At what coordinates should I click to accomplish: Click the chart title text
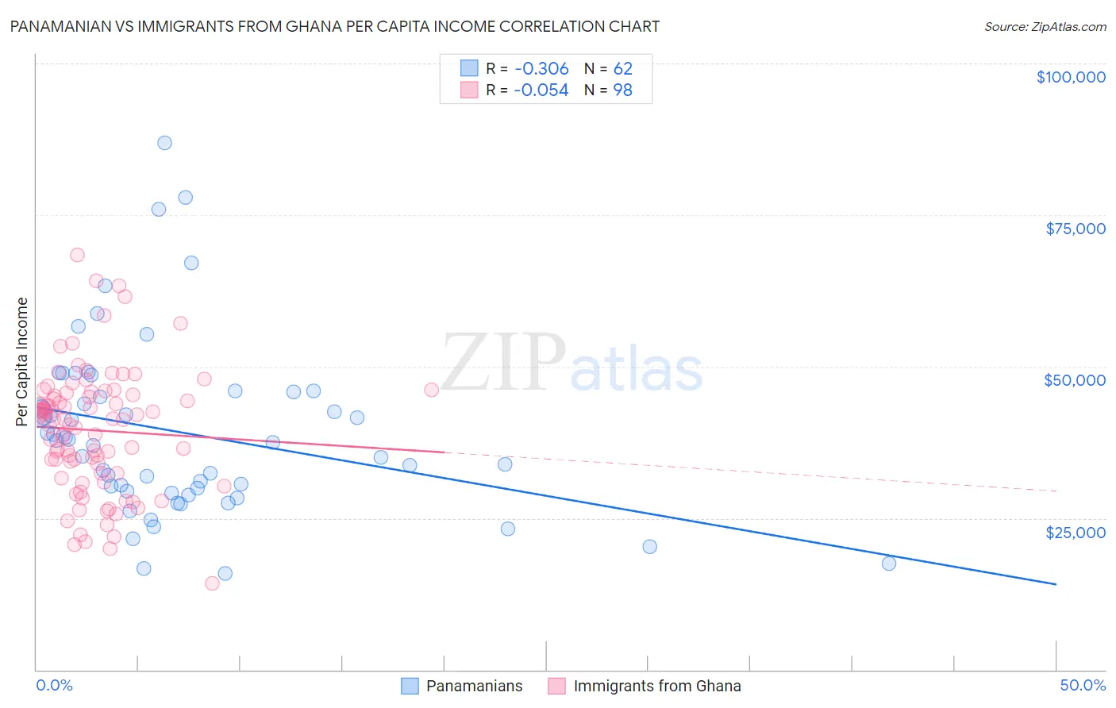click(x=334, y=26)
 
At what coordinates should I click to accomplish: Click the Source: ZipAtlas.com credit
click(x=1045, y=26)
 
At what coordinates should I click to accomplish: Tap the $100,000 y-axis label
click(x=1071, y=77)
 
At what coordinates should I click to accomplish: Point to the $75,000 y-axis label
click(x=1075, y=229)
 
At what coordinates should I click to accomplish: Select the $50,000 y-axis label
click(x=1075, y=380)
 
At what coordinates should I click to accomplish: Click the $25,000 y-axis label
click(x=1075, y=532)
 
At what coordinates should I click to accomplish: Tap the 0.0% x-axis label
click(x=54, y=685)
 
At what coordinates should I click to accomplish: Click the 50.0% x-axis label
click(x=1083, y=685)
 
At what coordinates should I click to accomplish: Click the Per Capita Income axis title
click(x=22, y=361)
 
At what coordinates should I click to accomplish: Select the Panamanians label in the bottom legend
click(x=474, y=686)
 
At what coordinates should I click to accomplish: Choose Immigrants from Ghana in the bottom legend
click(x=656, y=686)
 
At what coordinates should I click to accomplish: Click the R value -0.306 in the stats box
click(x=541, y=69)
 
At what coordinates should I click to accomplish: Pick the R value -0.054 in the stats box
click(x=541, y=90)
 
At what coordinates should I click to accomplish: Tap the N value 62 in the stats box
click(x=623, y=69)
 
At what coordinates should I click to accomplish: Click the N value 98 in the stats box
click(x=623, y=90)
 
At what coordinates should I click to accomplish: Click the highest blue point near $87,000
click(x=164, y=143)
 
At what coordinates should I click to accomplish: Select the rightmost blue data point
click(x=889, y=564)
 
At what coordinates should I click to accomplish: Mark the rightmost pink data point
click(x=431, y=390)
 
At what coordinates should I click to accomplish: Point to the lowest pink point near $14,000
click(x=212, y=583)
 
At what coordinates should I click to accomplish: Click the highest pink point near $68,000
click(x=77, y=255)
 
